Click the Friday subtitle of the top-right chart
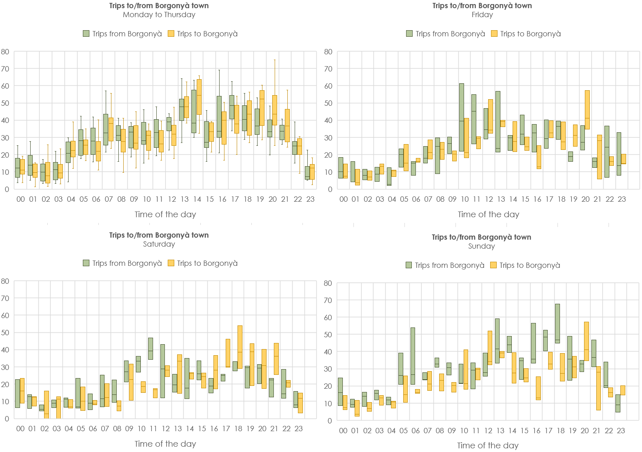[482, 15]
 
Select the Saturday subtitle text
[159, 244]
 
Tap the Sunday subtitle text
[481, 246]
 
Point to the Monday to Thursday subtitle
[159, 15]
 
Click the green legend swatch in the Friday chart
[409, 33]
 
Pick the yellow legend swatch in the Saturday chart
[171, 263]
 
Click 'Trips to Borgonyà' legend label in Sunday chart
[529, 265]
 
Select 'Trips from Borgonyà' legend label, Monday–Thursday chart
[127, 34]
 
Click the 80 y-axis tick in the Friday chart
[328, 52]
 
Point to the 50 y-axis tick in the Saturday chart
[5, 333]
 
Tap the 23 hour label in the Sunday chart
[621, 431]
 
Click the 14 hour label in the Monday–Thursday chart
[197, 199]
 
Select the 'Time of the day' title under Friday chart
[488, 214]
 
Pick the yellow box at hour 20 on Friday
[587, 110]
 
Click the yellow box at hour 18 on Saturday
[240, 347]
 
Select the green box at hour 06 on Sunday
[413, 356]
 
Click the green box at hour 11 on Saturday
[151, 348]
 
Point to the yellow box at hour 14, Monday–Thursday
[199, 97]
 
